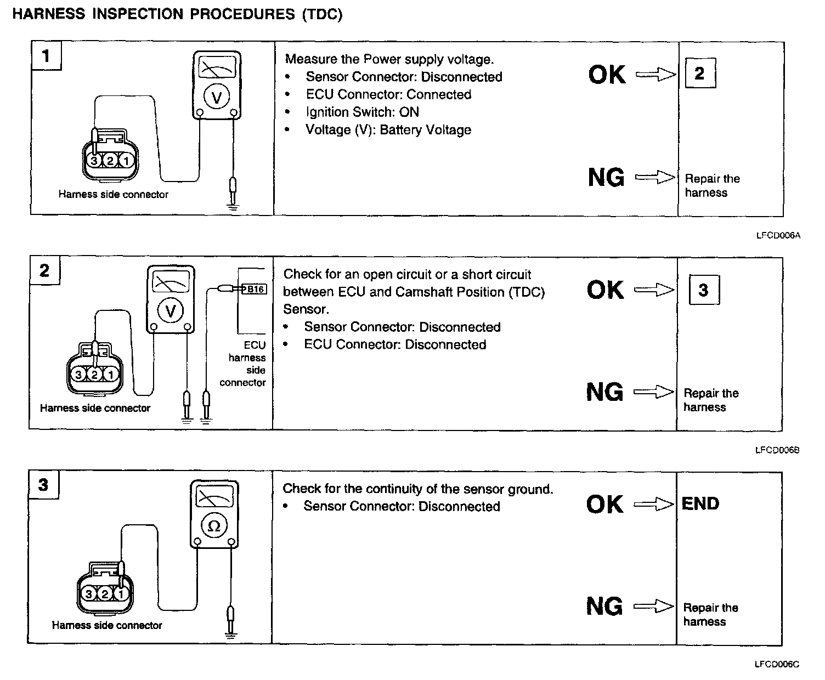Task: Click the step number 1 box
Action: pos(46,55)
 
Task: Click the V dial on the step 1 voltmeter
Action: pos(217,98)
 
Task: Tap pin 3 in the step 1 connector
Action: pos(94,161)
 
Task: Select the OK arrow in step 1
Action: pos(656,74)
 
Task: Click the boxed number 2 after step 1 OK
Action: pos(699,73)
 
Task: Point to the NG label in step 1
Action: pos(606,177)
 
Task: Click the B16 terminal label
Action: pos(253,289)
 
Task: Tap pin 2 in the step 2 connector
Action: pos(94,374)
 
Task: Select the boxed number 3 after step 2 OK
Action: pos(704,290)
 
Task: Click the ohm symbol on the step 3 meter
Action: pos(214,526)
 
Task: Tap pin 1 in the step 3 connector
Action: pos(121,593)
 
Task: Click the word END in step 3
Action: pos(700,503)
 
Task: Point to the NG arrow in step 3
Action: pos(653,606)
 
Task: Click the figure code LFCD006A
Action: pos(778,236)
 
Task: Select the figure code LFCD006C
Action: pos(777,665)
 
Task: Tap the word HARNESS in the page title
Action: pos(48,14)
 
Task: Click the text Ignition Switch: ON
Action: pos(362,112)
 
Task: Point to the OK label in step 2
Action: pos(605,290)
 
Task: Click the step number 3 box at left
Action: pos(43,485)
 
